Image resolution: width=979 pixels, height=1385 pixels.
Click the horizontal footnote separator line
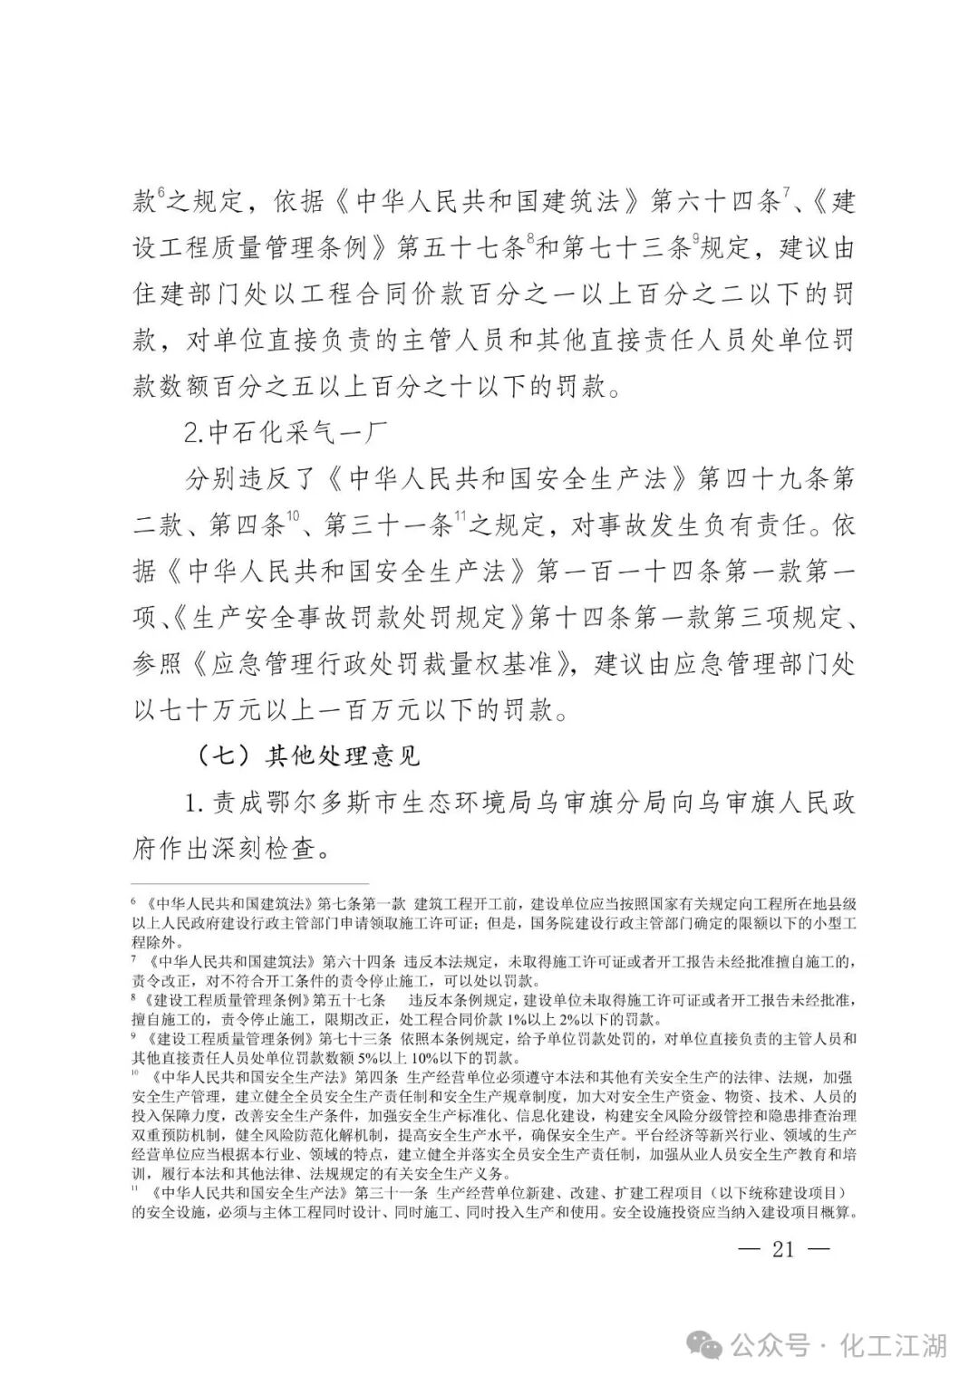[x=250, y=883]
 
